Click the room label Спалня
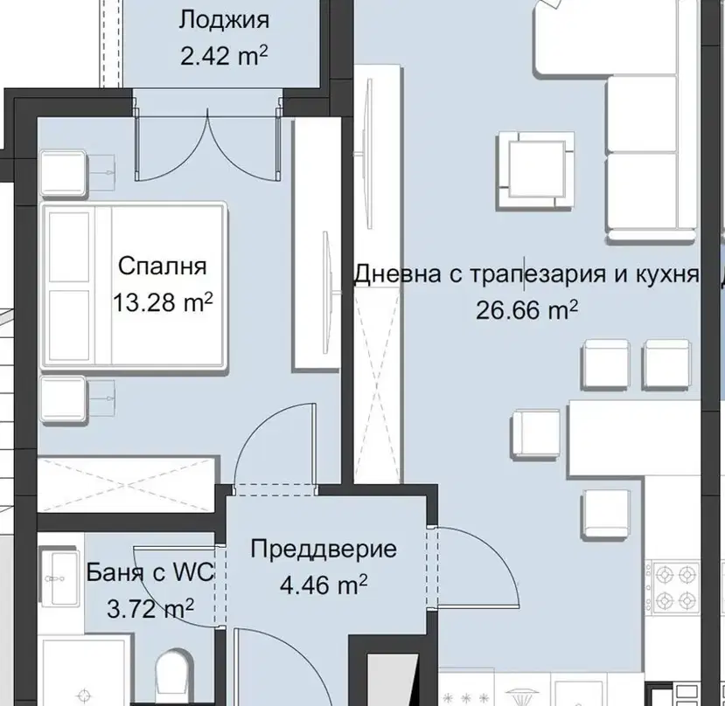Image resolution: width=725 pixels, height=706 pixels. (x=163, y=266)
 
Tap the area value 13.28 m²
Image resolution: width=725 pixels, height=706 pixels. (x=163, y=302)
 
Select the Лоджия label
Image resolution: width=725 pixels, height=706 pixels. (x=224, y=21)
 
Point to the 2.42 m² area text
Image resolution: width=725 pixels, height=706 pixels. (x=224, y=57)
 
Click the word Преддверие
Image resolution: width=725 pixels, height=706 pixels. (x=324, y=550)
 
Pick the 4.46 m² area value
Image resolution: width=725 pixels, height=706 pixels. (x=324, y=585)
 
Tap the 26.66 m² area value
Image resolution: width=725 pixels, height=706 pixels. (x=527, y=310)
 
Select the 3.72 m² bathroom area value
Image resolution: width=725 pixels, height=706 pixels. (x=150, y=608)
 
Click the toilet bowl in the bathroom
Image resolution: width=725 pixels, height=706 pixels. (x=173, y=678)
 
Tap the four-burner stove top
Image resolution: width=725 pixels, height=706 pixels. (x=673, y=587)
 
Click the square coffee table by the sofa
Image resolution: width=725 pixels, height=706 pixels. (x=536, y=170)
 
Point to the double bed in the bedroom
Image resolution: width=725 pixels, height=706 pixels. (x=134, y=286)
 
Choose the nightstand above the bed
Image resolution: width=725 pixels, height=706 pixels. (x=63, y=172)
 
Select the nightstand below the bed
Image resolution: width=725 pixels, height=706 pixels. (x=63, y=399)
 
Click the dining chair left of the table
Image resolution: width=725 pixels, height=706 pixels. (x=535, y=434)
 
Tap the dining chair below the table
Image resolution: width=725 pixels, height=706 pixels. (x=606, y=513)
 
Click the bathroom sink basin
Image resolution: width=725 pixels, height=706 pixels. (x=60, y=578)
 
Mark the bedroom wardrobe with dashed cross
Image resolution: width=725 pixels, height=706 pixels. (x=126, y=485)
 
